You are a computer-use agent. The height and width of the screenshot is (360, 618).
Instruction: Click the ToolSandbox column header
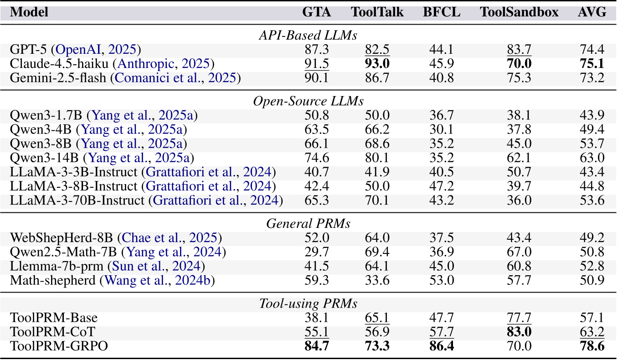[519, 12]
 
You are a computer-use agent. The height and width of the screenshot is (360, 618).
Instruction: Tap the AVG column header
[592, 12]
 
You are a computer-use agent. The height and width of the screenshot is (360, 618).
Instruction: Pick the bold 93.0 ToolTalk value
[377, 64]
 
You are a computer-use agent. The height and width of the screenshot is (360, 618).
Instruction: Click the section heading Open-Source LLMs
[308, 101]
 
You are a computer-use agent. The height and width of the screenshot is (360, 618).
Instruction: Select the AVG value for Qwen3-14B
[592, 158]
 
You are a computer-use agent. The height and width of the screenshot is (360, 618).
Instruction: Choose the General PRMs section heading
[308, 223]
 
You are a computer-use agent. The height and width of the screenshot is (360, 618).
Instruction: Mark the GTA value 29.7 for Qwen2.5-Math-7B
[316, 252]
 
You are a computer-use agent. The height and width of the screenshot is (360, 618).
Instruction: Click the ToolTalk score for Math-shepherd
[377, 280]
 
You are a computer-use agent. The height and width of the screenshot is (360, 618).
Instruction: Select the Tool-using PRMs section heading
[308, 303]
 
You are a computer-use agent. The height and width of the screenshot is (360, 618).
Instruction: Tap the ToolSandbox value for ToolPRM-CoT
[519, 332]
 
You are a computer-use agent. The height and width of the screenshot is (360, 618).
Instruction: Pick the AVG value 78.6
[592, 346]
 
